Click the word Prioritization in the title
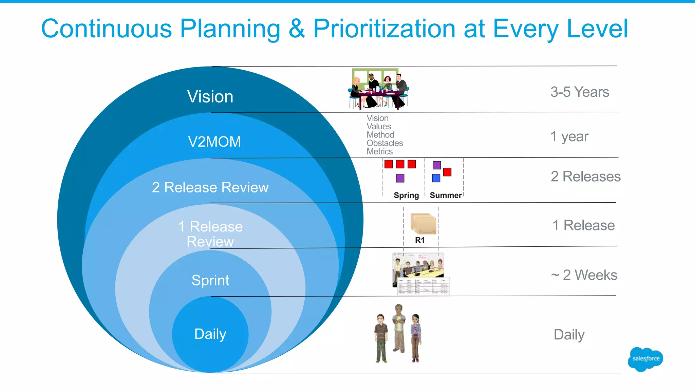pos(384,29)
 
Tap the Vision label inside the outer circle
pos(210,97)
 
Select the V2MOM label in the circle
pos(214,142)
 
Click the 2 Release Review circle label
pos(210,187)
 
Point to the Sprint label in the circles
pos(210,280)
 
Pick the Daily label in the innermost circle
pos(210,334)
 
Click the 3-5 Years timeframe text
pos(580,92)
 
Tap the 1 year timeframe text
pos(569,136)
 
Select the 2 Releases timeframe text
pos(585,176)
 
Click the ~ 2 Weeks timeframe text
pos(584,275)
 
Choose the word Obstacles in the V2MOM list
pos(384,143)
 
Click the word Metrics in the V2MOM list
pos(379,152)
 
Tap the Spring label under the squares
pos(406,195)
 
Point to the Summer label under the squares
pos(446,195)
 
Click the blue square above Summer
pos(436,178)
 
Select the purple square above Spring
pos(400,178)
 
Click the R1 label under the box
pos(420,240)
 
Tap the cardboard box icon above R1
pos(423,224)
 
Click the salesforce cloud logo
pos(645,359)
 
